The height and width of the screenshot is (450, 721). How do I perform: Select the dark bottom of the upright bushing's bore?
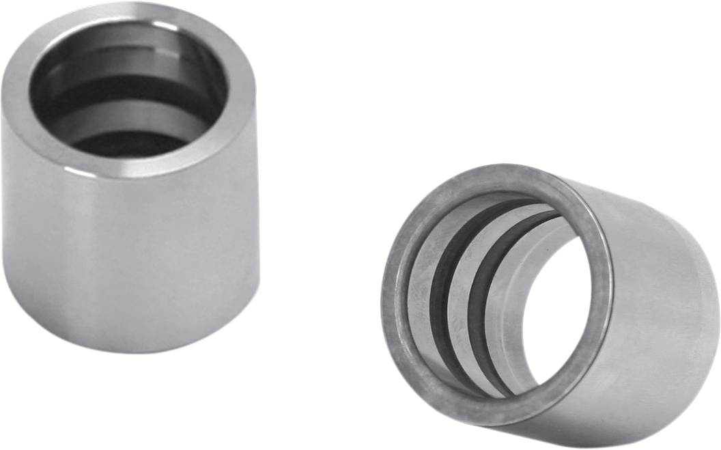tap(130, 143)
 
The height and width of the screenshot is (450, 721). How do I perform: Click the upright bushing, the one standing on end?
tap(130, 205)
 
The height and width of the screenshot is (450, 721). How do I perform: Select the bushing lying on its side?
tap(546, 300)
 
